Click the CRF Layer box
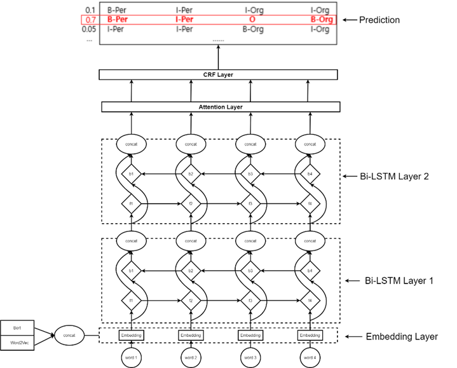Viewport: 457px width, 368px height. [218, 75]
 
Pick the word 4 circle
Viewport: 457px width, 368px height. [310, 358]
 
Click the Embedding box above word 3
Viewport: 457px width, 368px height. [250, 335]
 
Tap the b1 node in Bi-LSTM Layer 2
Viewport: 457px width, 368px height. [131, 174]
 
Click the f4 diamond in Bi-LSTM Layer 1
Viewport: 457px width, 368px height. [310, 301]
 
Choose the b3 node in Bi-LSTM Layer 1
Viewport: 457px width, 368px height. [250, 271]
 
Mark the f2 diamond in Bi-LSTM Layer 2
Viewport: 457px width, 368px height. [191, 203]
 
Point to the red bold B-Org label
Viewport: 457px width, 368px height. [321, 20]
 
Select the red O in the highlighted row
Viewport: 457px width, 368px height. [252, 20]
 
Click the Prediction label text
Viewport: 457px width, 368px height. [379, 20]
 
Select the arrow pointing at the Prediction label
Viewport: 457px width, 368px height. [348, 20]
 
